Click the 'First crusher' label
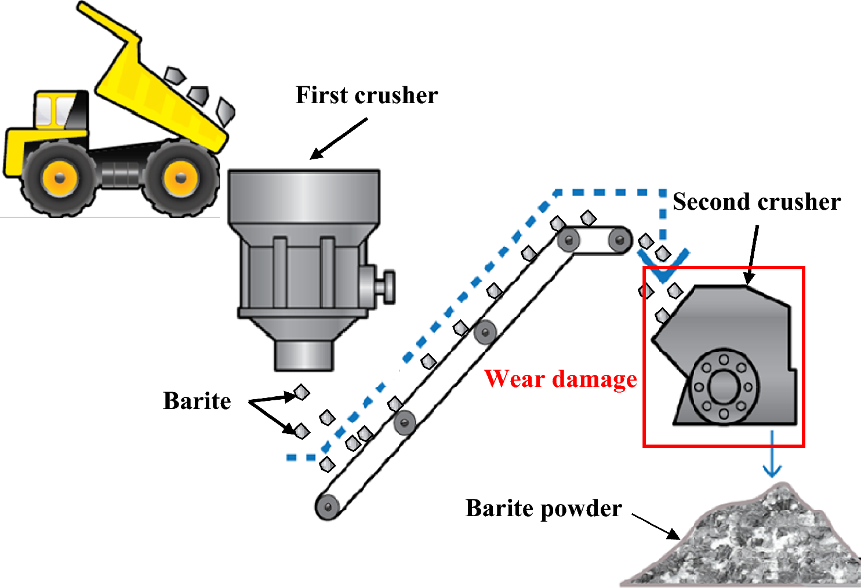(x=366, y=96)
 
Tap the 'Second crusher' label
(x=756, y=202)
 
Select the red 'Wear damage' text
(x=561, y=379)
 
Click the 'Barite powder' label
(x=543, y=509)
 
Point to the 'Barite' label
(x=197, y=401)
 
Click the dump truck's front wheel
(x=59, y=177)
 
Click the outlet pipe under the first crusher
(x=304, y=355)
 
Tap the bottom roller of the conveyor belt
(x=328, y=507)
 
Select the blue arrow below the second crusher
(x=772, y=455)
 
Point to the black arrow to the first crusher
(x=339, y=138)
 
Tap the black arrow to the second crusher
(x=753, y=255)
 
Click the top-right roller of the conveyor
(x=619, y=239)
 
